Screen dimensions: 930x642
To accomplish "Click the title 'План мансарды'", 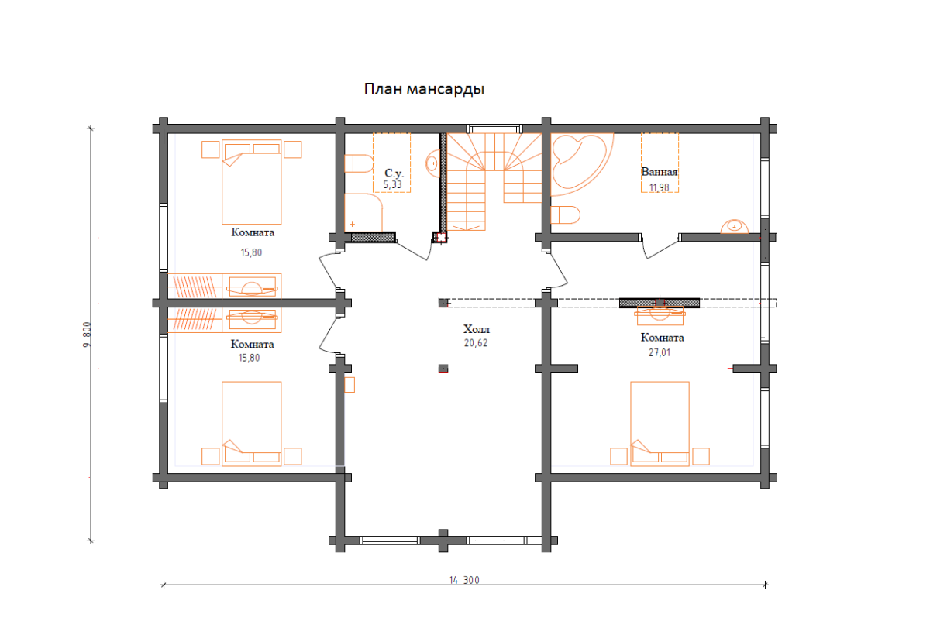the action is pos(424,89).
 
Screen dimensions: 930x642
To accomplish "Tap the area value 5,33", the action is pos(392,184).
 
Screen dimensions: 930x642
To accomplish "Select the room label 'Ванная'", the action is pos(660,171).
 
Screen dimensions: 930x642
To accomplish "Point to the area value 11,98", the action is pos(660,187).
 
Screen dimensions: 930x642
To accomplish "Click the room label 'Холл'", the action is pos(477,329).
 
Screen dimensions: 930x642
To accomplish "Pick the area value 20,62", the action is pos(476,343).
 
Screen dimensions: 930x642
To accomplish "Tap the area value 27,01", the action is pos(660,352).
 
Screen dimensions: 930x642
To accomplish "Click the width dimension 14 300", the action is pos(464,580).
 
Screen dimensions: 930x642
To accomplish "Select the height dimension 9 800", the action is pos(87,335).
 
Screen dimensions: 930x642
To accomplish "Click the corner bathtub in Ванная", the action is pos(582,164).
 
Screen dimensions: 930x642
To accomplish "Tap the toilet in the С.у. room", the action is pos(359,163).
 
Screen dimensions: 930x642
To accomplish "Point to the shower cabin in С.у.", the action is pos(363,212).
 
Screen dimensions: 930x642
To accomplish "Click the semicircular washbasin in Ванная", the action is pos(735,227).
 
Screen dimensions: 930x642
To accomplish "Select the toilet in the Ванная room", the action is pos(565,215).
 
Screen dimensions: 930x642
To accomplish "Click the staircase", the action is pos(494,182).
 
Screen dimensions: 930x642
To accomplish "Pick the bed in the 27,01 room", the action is pos(660,424).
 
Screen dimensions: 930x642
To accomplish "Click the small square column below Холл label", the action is pos(443,369).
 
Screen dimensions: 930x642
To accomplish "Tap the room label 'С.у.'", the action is pos(394,173).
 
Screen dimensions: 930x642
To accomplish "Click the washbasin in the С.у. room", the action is pos(433,163).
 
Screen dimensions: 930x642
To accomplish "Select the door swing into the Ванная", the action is pos(660,247).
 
